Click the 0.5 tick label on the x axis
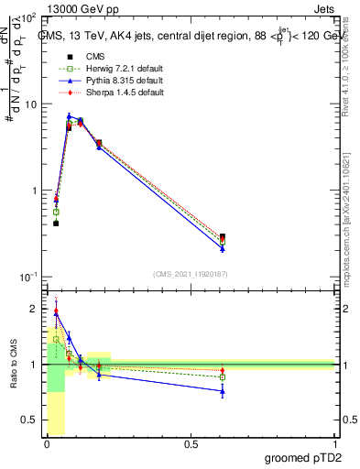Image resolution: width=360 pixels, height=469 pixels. [x=191, y=444]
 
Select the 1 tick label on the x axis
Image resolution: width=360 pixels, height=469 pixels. [x=334, y=444]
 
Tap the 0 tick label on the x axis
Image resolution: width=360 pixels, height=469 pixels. [x=47, y=444]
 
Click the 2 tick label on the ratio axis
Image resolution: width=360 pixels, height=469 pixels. [x=34, y=309]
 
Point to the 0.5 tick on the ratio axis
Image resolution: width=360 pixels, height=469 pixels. [x=31, y=420]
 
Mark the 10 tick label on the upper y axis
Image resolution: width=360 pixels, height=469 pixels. [x=31, y=104]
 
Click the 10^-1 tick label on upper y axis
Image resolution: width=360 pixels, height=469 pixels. [x=28, y=277]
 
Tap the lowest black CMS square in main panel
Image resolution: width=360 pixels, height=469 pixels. [x=56, y=223]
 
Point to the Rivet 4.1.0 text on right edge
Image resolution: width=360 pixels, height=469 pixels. [x=354, y=64]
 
